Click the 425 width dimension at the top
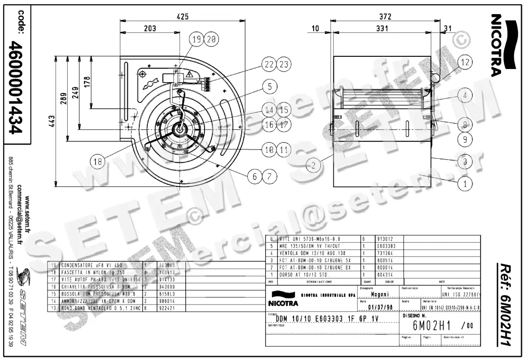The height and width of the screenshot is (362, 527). (x=183, y=17)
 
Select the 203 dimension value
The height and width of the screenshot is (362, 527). (x=150, y=29)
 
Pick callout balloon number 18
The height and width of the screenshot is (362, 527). (x=98, y=161)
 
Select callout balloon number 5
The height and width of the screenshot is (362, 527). (x=270, y=87)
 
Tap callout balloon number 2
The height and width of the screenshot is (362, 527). (x=313, y=165)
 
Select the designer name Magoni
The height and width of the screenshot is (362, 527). (x=379, y=294)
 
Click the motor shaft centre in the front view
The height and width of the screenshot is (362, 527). (x=180, y=128)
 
